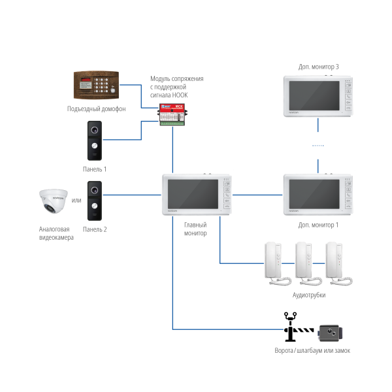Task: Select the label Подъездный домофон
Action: point(96,109)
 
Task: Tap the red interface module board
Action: point(172,116)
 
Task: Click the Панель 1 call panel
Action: point(95,140)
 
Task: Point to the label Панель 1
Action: point(94,169)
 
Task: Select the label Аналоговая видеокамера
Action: point(56,233)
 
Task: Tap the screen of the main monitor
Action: point(193,194)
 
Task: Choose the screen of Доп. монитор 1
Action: point(314,194)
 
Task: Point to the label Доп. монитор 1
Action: point(318,225)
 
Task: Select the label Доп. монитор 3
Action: point(318,67)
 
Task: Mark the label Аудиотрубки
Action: point(309,295)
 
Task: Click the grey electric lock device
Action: point(330,333)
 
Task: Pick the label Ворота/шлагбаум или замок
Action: point(312,351)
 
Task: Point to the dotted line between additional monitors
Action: point(318,146)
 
